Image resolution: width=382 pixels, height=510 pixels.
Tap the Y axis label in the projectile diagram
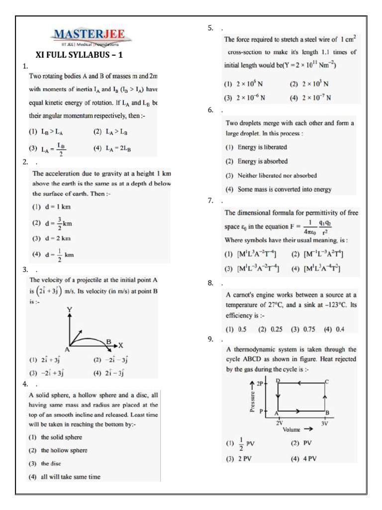pyautogui.click(x=70, y=310)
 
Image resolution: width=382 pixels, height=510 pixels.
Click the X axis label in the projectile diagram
pyautogui.click(x=120, y=345)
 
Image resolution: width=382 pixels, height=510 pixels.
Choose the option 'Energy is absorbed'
pyautogui.click(x=257, y=161)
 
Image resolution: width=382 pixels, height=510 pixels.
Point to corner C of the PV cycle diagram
pyautogui.click(x=326, y=382)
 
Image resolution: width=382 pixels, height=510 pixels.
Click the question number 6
pyautogui.click(x=211, y=110)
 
